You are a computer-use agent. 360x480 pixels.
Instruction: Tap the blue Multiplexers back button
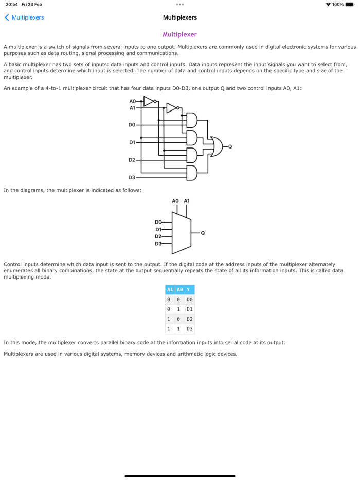pos(24,17)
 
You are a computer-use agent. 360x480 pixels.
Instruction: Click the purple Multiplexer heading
pos(179,34)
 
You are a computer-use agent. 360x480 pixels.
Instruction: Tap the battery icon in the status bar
pos(350,4)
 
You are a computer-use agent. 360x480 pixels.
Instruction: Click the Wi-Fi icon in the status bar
pos(328,4)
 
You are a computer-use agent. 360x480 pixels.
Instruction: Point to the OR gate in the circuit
pos(214,146)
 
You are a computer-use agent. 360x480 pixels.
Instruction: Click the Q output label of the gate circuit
pos(230,146)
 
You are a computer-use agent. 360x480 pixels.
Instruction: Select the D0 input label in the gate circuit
pos(132,125)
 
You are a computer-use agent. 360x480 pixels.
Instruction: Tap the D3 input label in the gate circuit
pos(132,177)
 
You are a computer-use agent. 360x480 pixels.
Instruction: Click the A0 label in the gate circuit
pos(132,101)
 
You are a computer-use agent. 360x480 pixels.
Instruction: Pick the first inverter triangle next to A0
pos(149,101)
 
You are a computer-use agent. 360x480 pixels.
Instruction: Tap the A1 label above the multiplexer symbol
pos(187,201)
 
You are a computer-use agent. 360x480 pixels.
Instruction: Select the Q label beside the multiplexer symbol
pos(203,233)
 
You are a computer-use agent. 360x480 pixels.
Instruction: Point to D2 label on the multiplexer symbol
pos(158,236)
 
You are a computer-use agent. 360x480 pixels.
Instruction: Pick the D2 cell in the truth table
pos(189,319)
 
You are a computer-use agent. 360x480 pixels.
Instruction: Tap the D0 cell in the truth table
pos(189,300)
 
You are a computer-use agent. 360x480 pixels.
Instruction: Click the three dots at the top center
pos(179,4)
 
